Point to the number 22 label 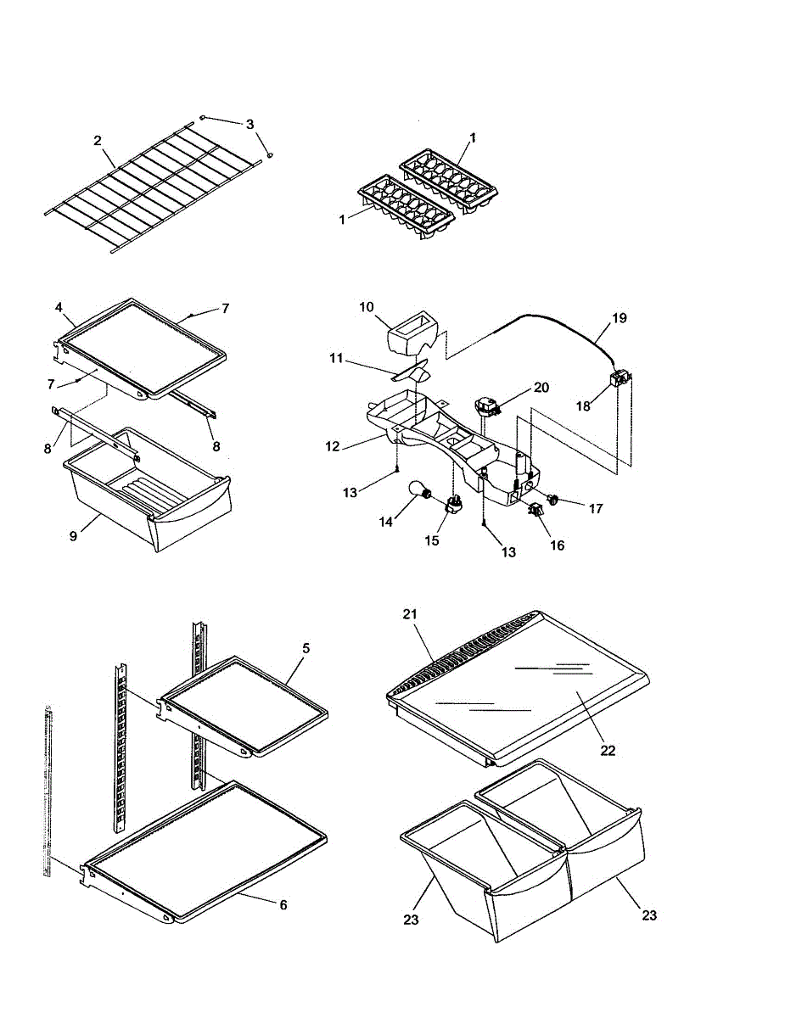coord(608,750)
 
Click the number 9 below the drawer coord(74,536)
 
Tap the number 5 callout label coord(306,647)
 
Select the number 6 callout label coord(283,905)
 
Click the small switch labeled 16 coord(536,509)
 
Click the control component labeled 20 coord(488,406)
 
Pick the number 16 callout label coord(557,545)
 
